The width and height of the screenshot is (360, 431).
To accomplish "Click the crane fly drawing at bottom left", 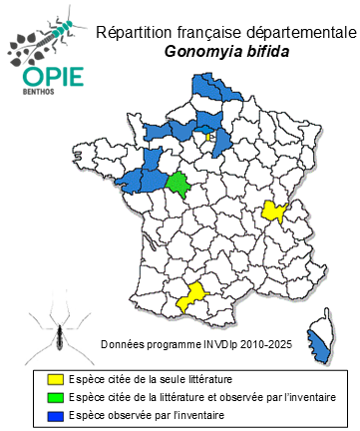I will [x=50, y=334].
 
